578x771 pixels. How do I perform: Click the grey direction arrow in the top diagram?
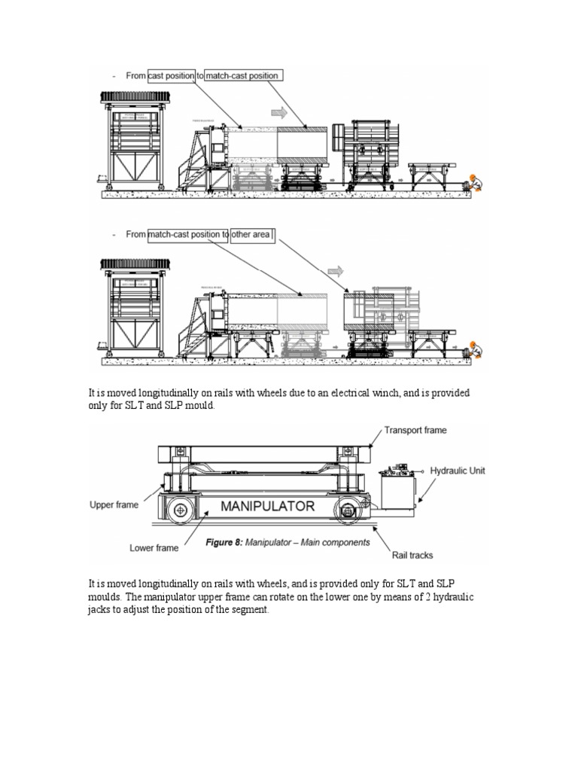tap(278, 112)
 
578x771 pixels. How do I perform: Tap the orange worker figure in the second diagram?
tap(475, 349)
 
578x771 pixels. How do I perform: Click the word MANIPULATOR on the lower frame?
tap(267, 507)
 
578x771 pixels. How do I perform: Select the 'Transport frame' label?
tap(415, 431)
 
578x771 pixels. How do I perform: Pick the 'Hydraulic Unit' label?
tap(458, 470)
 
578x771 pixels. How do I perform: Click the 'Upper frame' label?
tap(114, 504)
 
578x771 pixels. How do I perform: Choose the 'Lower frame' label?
tap(154, 548)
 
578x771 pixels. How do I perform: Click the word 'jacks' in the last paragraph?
tap(101, 610)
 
